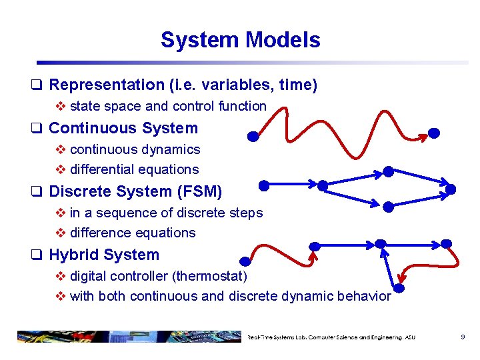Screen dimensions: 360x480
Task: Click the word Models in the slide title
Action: click(283, 40)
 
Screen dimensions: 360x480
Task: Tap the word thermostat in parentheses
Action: click(212, 276)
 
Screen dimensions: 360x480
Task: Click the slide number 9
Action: click(462, 337)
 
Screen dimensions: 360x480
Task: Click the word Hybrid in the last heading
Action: click(73, 255)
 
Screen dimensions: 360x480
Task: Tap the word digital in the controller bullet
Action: click(87, 276)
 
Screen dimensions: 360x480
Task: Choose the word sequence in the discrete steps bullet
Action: click(123, 213)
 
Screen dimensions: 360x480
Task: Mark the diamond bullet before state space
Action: click(61, 106)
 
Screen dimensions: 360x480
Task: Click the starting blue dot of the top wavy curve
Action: click(253, 137)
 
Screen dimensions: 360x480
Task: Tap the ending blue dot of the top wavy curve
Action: click(433, 133)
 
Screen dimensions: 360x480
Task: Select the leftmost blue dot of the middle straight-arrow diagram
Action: click(263, 185)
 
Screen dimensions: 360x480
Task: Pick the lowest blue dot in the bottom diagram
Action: click(399, 289)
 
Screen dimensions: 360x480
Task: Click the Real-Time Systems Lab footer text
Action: click(331, 337)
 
